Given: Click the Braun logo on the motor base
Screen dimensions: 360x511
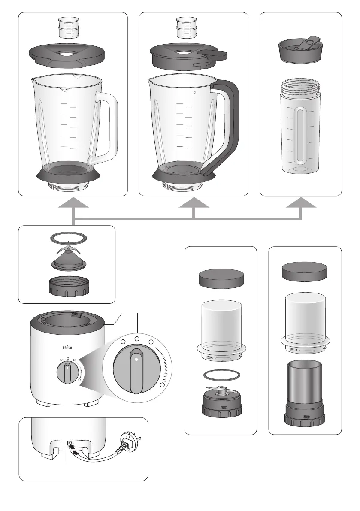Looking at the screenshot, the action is [x=67, y=348].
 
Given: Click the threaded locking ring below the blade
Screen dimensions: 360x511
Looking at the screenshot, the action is [x=69, y=287].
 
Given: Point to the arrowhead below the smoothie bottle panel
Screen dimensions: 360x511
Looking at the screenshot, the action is [x=301, y=202].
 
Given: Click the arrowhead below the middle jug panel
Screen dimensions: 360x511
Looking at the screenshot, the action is [x=194, y=202].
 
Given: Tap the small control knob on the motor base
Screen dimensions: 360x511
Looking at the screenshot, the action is [x=67, y=372].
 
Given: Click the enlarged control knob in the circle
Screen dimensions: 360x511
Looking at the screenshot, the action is [x=136, y=369].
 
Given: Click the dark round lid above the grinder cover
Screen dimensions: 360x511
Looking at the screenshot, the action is [x=304, y=272].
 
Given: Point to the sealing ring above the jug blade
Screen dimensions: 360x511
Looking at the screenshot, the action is [x=68, y=238].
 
